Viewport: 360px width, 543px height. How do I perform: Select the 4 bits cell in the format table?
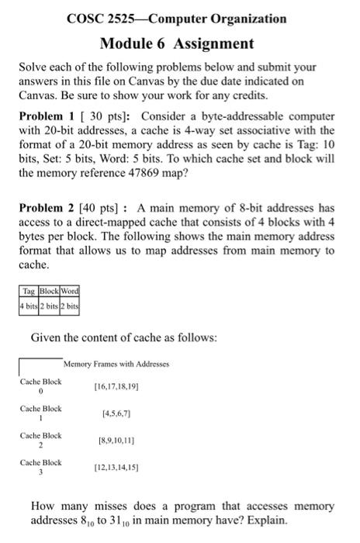coord(31,303)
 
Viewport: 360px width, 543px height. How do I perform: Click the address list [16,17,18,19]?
coord(115,386)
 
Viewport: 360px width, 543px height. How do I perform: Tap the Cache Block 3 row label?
coord(40,467)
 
